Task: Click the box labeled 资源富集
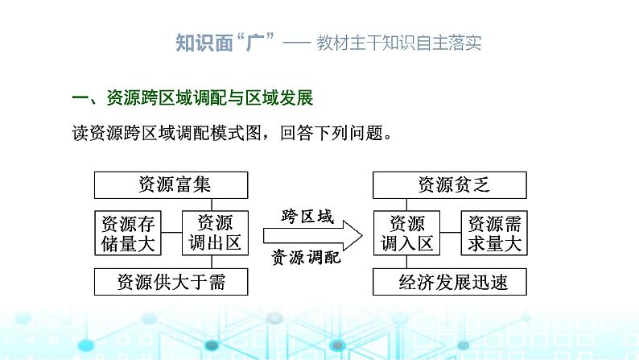coord(171,185)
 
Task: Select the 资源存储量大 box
coord(128,234)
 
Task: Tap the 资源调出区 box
coord(215,234)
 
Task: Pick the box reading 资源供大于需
coord(171,282)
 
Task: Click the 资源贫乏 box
coord(450,185)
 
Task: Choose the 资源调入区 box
coord(406,234)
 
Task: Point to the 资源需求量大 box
coord(494,234)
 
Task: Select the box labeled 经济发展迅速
coord(450,282)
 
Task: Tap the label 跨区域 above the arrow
coord(307,217)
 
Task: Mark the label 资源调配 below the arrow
coord(306,258)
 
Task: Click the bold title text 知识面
coord(204,43)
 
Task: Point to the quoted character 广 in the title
coord(255,43)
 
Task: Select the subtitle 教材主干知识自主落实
coord(399,43)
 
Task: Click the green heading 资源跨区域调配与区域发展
coord(210,97)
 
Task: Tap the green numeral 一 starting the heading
coord(80,97)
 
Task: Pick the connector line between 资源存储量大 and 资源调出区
coord(171,233)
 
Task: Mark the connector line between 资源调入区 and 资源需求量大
coord(451,233)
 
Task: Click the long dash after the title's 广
coord(297,43)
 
